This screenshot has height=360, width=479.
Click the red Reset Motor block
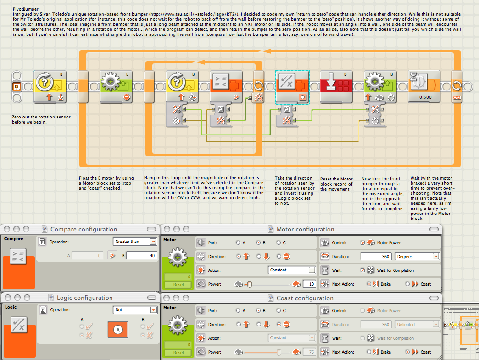coord(336,86)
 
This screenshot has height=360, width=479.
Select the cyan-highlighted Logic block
coord(292,87)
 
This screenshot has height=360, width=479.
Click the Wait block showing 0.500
coord(424,86)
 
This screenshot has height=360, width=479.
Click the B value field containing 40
coord(141,255)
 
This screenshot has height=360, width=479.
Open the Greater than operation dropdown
coord(135,242)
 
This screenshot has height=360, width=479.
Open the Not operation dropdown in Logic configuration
coord(135,310)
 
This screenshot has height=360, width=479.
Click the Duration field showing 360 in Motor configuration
coord(376,256)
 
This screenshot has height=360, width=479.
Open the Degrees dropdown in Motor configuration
coord(418,256)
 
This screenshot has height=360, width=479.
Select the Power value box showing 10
coord(309,284)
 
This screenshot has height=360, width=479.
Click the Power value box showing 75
coord(309,352)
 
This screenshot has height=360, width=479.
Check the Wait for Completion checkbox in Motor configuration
coord(362,270)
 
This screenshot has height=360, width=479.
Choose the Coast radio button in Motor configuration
coord(407,284)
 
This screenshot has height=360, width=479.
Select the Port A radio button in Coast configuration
coord(238,310)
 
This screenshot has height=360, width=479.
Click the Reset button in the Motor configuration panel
coord(179,285)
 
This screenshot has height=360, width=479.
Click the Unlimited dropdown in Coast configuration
coord(418,324)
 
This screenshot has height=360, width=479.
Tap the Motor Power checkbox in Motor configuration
coord(362,242)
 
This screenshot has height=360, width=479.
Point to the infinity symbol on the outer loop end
coord(457,97)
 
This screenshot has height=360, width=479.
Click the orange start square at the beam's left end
coord(17,87)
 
